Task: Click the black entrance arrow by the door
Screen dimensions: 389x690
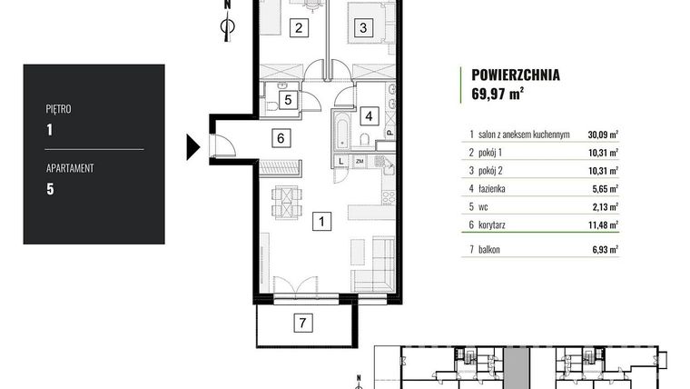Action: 192,145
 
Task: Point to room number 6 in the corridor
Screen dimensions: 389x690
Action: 281,138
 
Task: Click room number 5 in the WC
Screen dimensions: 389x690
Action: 286,100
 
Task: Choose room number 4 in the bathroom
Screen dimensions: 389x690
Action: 368,115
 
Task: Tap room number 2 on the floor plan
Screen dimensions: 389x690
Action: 298,28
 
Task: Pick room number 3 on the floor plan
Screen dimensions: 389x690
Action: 361,28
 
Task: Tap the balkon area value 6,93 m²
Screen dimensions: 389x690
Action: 605,248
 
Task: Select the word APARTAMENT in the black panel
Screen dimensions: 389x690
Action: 70,168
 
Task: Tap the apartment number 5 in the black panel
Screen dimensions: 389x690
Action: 50,189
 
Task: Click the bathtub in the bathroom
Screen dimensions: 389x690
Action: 340,131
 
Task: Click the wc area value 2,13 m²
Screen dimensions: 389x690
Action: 605,207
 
